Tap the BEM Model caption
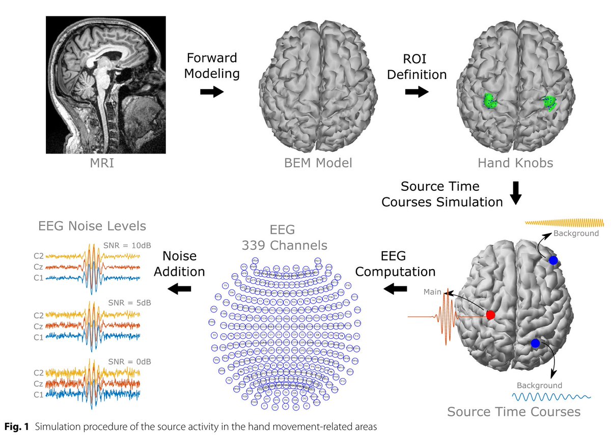point(318,163)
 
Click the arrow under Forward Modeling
point(211,92)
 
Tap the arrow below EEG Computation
point(395,289)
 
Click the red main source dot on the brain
point(490,315)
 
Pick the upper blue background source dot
point(553,260)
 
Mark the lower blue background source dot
point(535,344)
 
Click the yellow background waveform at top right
point(564,223)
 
